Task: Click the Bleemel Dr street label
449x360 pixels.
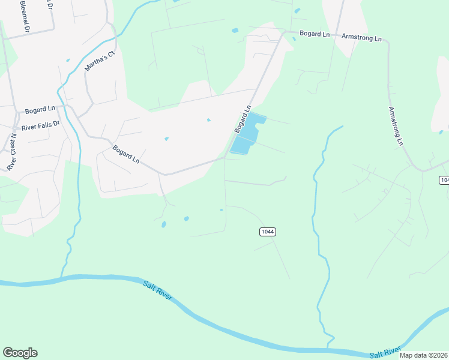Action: click(26, 14)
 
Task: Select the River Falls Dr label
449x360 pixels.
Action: click(41, 125)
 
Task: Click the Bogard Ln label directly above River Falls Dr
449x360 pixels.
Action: click(40, 111)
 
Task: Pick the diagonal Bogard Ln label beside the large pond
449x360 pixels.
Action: click(242, 120)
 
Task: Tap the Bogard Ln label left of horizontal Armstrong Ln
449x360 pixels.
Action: click(315, 35)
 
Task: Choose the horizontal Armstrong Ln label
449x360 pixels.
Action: click(361, 38)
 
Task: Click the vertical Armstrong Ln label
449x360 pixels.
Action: click(394, 126)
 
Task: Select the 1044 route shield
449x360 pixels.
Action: click(268, 232)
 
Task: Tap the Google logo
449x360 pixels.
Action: click(20, 353)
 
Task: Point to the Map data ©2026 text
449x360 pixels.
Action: click(423, 355)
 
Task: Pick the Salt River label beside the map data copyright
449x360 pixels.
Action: click(385, 352)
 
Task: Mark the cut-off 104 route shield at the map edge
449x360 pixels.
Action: click(444, 180)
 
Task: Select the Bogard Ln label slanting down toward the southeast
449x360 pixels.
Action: click(126, 154)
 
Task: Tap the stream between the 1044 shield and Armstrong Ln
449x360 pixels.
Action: click(314, 210)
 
